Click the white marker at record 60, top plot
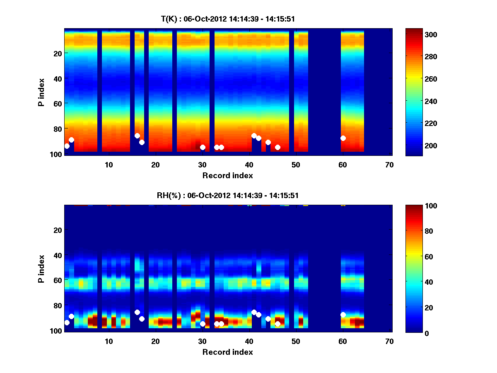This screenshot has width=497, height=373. tap(343, 138)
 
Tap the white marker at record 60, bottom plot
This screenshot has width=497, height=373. tap(343, 315)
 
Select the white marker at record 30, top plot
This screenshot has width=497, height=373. tap(203, 147)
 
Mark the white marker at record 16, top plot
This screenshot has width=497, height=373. tap(137, 136)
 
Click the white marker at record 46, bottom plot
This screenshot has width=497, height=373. tap(277, 324)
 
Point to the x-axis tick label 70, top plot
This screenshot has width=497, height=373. tap(389, 165)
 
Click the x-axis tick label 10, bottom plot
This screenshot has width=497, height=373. tap(109, 341)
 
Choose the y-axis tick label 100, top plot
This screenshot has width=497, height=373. tap(57, 154)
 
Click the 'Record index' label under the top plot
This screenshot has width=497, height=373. tap(227, 175)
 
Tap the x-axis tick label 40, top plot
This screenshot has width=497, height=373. tap(249, 165)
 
